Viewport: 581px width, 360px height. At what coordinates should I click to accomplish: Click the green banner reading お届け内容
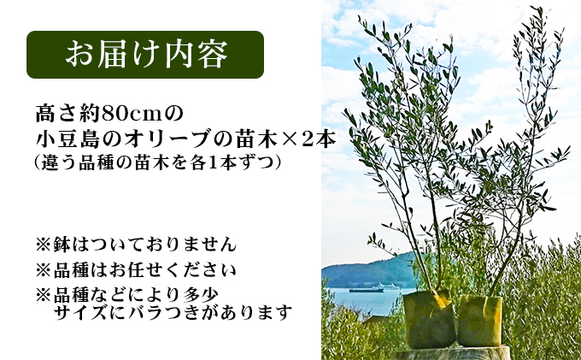pos(145,55)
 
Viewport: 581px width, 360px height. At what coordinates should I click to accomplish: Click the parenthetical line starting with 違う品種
pos(159,162)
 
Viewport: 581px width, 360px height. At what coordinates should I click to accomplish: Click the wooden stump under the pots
pos(453,352)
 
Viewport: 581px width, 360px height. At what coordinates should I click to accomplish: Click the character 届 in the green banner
pos(116,55)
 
